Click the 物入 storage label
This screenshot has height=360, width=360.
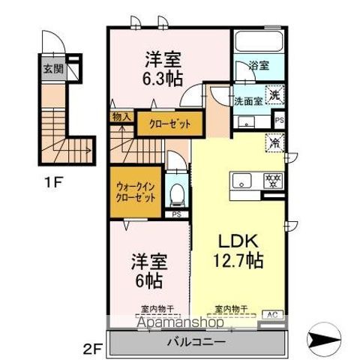tap(121, 116)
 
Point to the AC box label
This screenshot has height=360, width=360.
tap(271, 314)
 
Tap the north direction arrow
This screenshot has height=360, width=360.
tap(330, 338)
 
